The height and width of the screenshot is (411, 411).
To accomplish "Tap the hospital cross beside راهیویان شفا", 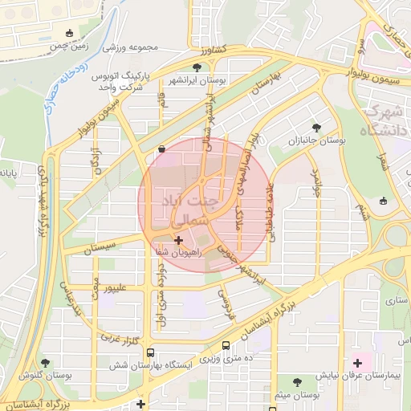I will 177,240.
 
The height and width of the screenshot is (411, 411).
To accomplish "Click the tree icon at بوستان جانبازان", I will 316,127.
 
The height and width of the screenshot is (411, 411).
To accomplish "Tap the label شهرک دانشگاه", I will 385,120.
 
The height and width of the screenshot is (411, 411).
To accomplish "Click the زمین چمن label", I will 68,47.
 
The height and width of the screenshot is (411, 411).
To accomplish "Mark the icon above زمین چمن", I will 70,34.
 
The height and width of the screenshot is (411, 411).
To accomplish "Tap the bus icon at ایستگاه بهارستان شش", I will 150,353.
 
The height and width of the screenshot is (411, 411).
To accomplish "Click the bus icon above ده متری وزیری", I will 226,345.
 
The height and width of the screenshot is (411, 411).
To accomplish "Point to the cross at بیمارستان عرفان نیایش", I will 357,364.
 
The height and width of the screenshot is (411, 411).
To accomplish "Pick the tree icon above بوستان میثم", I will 299,382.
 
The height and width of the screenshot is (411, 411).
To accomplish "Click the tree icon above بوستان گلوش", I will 45,363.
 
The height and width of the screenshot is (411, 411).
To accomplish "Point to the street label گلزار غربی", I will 120,338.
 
